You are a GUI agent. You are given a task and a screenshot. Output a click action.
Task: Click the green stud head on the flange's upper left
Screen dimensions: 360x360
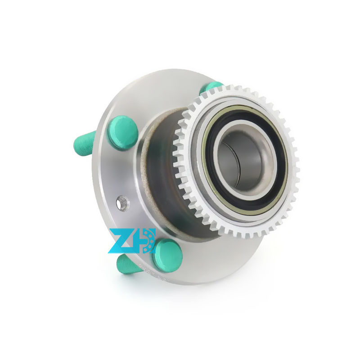point(122,132)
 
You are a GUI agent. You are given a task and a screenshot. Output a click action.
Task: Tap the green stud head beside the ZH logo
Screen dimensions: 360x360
point(167,255)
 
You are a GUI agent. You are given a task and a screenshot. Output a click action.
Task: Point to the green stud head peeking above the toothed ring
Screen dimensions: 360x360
point(210,87)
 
